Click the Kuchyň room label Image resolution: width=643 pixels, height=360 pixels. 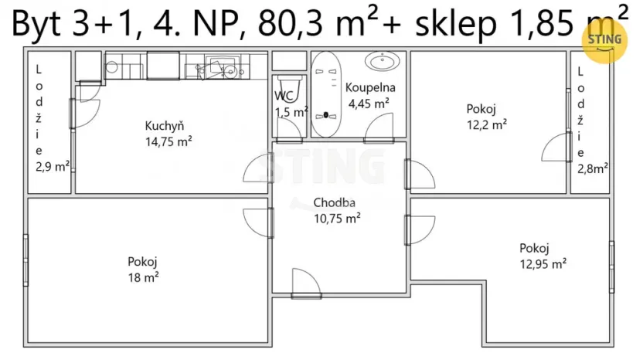(x=164, y=127)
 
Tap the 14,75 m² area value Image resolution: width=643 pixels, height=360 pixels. (x=168, y=141)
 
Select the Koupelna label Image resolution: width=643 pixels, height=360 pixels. (x=370, y=87)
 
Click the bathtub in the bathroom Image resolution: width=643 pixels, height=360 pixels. (x=325, y=93)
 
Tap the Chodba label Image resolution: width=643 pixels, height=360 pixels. (x=334, y=203)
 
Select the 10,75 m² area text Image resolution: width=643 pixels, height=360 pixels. (x=336, y=218)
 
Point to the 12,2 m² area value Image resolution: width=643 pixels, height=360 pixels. (x=486, y=124)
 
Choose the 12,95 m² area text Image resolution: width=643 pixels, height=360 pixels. (x=543, y=263)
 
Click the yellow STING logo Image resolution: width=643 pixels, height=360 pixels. (x=604, y=39)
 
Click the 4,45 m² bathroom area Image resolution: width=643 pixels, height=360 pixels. (x=369, y=102)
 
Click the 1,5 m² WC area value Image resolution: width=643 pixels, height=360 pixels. (x=291, y=112)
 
